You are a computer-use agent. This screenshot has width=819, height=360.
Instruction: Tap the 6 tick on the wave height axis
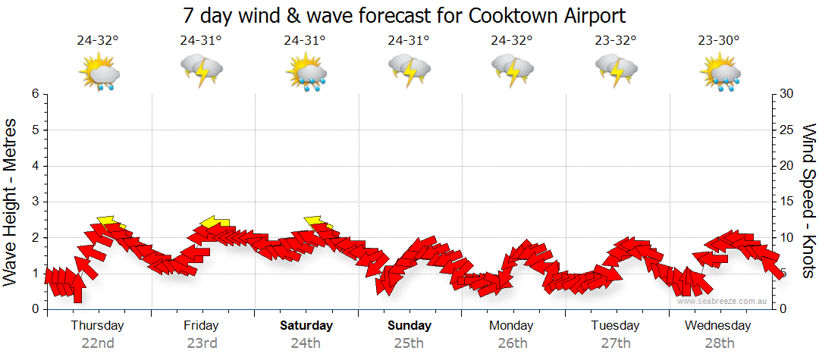[34, 94]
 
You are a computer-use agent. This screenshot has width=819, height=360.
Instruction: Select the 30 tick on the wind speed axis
[786, 94]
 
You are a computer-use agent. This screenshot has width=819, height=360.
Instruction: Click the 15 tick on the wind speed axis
[786, 202]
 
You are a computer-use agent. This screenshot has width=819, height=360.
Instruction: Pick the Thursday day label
[97, 326]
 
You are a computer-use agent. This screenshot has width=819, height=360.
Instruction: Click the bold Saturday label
[306, 326]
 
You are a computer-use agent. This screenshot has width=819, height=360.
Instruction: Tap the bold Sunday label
[409, 326]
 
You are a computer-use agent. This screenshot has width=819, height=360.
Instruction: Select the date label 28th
[718, 343]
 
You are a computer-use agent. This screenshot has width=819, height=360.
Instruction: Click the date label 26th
[512, 343]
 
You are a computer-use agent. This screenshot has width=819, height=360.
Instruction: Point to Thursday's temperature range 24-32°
[98, 41]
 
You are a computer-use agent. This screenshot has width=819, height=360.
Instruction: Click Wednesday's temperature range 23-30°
[719, 41]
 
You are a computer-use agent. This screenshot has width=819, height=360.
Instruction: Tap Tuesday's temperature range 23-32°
[615, 41]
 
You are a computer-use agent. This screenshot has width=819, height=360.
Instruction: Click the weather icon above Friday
[201, 70]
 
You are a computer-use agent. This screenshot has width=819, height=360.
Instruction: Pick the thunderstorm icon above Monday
[512, 70]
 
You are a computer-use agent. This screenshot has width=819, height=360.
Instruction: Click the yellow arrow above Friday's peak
[215, 222]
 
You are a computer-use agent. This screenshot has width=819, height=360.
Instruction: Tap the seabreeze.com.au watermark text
[723, 302]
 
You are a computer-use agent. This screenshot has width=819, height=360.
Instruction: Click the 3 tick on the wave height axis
[34, 202]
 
